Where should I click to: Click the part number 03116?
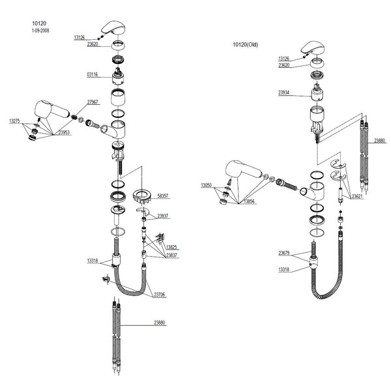tap(93, 74)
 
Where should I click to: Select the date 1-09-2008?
tap(40, 31)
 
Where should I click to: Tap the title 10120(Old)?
tap(246, 44)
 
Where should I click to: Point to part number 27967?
tap(93, 102)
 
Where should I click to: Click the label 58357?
tap(163, 195)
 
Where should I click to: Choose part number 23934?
tap(283, 93)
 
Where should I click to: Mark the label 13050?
tap(206, 185)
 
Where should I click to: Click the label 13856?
tap(249, 201)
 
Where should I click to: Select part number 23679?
tap(284, 253)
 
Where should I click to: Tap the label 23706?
tap(160, 295)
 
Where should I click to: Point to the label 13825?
tap(171, 247)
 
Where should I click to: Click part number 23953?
tap(64, 132)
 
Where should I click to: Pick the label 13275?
tap(14, 121)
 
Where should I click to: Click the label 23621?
tap(357, 197)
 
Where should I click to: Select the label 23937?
tap(162, 216)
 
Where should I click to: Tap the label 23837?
tap(171, 255)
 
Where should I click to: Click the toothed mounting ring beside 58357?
tap(141, 195)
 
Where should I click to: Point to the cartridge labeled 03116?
tap(118, 76)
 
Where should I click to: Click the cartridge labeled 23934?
tap(317, 92)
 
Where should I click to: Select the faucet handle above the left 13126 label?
tap(113, 27)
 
